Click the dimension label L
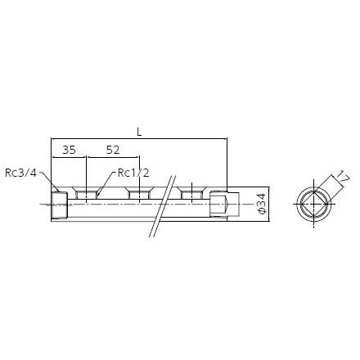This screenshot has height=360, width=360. pyautogui.click(x=139, y=133)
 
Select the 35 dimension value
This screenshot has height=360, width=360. pyautogui.click(x=69, y=150)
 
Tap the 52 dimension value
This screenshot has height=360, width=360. pyautogui.click(x=113, y=150)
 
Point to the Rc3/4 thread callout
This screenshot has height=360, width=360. pyautogui.click(x=20, y=173)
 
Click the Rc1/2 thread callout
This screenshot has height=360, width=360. pyautogui.click(x=133, y=173)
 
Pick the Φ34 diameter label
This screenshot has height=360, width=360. pyautogui.click(x=261, y=204)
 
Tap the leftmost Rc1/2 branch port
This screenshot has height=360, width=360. pyautogui.click(x=86, y=193)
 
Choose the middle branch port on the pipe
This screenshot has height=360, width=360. pyautogui.click(x=139, y=193)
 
